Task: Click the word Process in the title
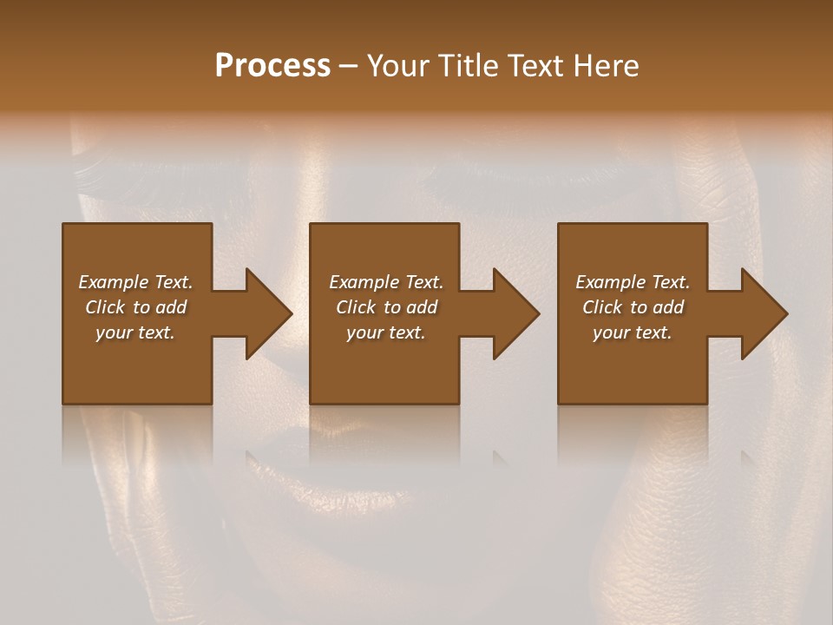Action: pyautogui.click(x=272, y=66)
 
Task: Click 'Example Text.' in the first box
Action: pyautogui.click(x=135, y=282)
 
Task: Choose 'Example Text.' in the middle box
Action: pyautogui.click(x=386, y=282)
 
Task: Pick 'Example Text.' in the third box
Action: pyautogui.click(x=633, y=282)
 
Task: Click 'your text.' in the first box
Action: pyautogui.click(x=135, y=332)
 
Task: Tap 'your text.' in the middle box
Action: pyautogui.click(x=386, y=332)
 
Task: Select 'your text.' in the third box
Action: pyautogui.click(x=633, y=332)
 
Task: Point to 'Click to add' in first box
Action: pyautogui.click(x=135, y=307)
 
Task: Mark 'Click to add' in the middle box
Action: pyautogui.click(x=386, y=307)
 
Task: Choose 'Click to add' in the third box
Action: pyautogui.click(x=633, y=307)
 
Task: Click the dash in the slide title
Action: pyautogui.click(x=348, y=67)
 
